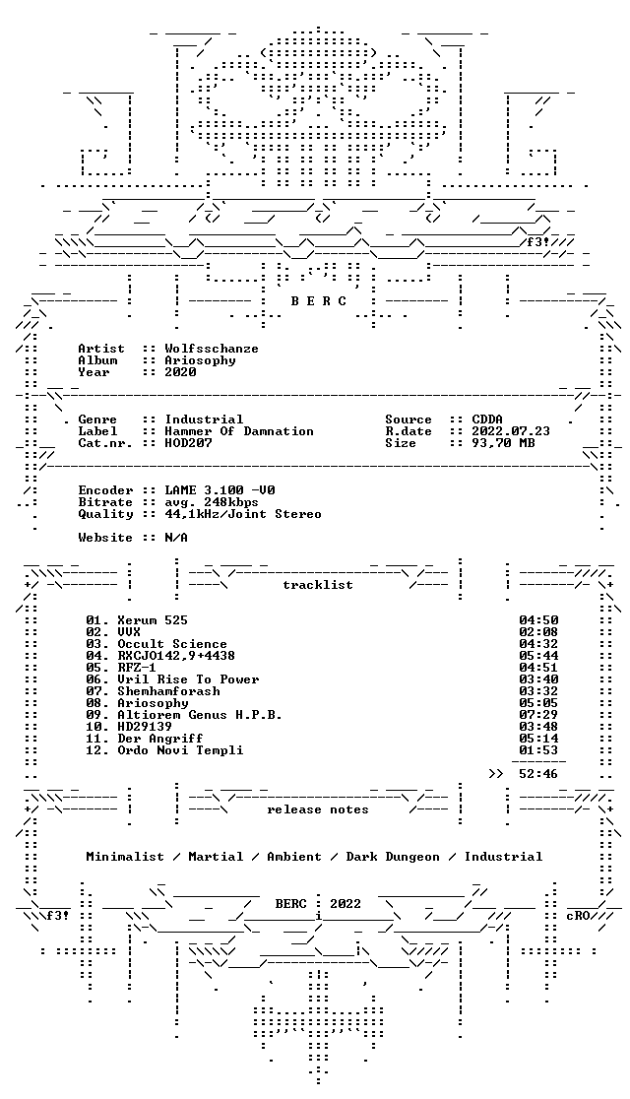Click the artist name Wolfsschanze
(212, 349)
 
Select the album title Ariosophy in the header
(200, 360)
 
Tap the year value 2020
(181, 372)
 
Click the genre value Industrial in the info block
(204, 420)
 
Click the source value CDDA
(487, 420)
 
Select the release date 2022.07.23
(511, 431)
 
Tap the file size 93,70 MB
(503, 443)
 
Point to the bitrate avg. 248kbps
(212, 502)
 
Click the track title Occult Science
(172, 643)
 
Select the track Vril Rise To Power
(188, 679)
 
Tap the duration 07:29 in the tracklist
(538, 714)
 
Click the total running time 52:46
(538, 774)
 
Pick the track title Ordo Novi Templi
(180, 750)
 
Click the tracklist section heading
(317, 585)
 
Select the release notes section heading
(317, 809)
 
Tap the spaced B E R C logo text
(318, 301)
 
